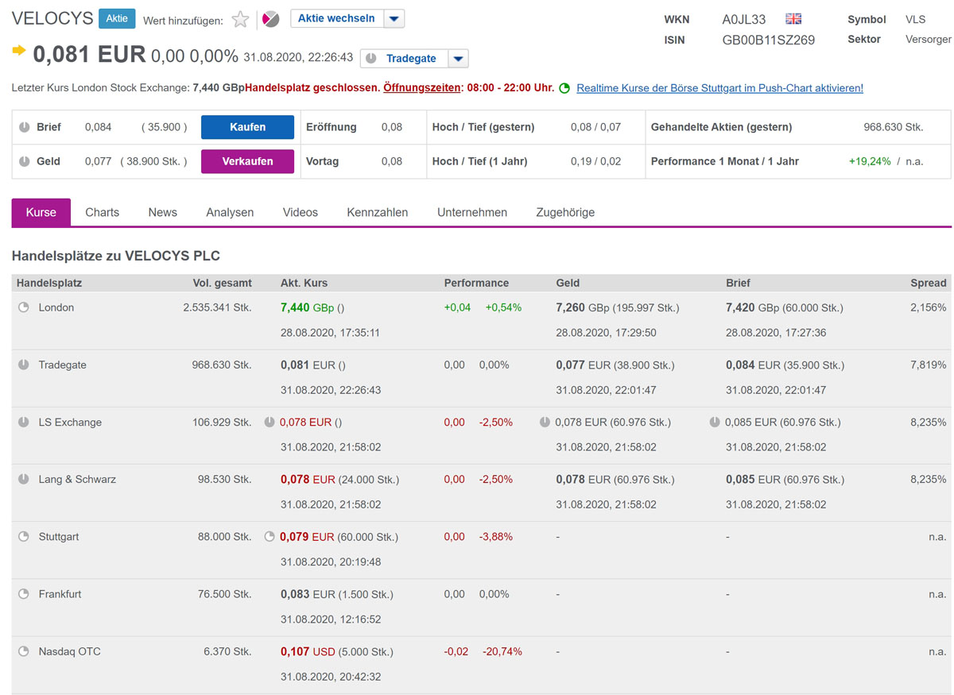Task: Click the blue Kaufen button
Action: click(247, 127)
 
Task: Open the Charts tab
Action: click(102, 212)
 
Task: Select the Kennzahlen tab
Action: click(377, 212)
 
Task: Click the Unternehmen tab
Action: click(472, 212)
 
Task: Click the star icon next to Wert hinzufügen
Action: click(240, 20)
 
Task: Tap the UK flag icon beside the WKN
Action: click(793, 19)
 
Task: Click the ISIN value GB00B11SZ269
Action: click(768, 40)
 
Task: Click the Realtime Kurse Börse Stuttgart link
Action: click(719, 88)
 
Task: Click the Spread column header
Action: click(928, 283)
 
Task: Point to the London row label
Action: click(56, 307)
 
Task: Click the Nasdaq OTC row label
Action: click(69, 651)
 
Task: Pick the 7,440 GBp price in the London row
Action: click(307, 307)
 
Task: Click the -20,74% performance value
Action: click(502, 651)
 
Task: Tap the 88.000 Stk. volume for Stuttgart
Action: click(224, 537)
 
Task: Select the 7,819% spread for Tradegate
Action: click(928, 365)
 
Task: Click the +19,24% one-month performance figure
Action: click(870, 161)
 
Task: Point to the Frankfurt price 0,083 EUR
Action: click(308, 594)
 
